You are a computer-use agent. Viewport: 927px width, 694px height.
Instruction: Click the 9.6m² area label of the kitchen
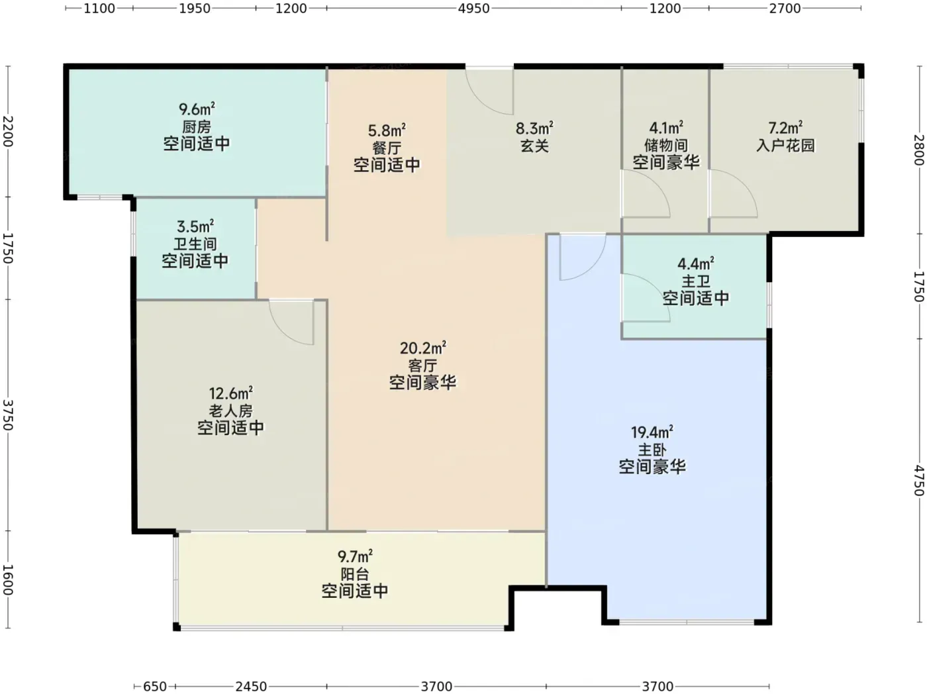[197, 109]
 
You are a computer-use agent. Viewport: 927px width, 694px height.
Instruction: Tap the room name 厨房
[197, 126]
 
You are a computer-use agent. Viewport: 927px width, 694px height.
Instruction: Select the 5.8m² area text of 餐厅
[387, 130]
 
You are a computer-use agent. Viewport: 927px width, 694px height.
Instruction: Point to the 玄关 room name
[534, 146]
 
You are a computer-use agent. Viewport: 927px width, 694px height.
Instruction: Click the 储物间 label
[666, 145]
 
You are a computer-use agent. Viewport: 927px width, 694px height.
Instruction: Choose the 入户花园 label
[785, 145]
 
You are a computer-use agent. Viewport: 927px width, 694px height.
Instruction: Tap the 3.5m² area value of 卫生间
[195, 226]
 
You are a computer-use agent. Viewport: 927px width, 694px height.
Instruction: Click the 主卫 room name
[695, 281]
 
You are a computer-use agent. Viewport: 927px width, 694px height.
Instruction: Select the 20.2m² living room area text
[422, 348]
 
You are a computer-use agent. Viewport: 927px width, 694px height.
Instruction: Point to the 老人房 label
[230, 411]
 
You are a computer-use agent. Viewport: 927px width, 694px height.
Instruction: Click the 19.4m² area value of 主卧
[652, 432]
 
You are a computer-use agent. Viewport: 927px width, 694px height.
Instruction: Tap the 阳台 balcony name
[355, 574]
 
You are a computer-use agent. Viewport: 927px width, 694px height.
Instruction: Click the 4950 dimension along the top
[474, 9]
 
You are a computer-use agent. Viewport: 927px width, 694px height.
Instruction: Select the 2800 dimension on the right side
[919, 150]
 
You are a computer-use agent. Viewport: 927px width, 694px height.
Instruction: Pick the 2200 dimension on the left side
[8, 131]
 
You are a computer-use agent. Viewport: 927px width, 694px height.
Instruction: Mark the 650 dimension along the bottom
[154, 687]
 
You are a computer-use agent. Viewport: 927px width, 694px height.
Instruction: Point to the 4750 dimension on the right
[919, 480]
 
